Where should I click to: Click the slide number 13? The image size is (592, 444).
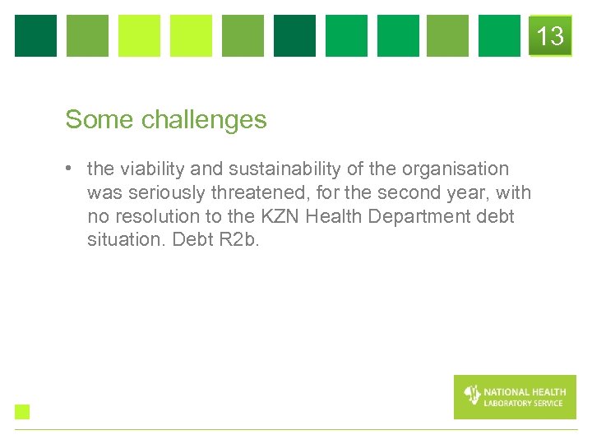[550, 36]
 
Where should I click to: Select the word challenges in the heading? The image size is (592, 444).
[204, 120]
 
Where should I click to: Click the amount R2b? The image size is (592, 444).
[238, 240]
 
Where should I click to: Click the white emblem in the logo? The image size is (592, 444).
[472, 395]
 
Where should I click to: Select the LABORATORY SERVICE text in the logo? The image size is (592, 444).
[524, 403]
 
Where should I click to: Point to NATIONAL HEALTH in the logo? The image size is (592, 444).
[525, 392]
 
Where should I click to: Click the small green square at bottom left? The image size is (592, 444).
[22, 412]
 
